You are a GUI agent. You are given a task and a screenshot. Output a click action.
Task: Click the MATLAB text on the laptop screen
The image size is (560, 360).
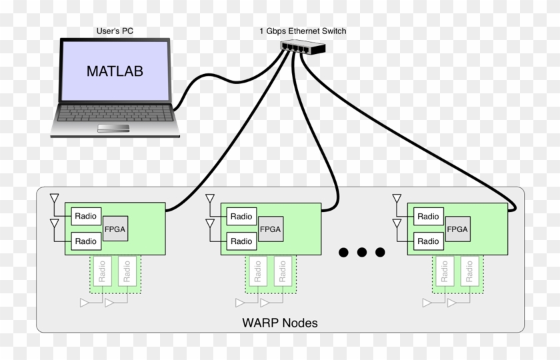point(115,71)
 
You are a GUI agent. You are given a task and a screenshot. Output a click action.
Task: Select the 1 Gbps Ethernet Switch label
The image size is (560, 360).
point(303,31)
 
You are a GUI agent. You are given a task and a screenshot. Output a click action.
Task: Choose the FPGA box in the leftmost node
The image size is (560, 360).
point(115,229)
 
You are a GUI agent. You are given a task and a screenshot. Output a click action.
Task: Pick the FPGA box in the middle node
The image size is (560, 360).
point(271,229)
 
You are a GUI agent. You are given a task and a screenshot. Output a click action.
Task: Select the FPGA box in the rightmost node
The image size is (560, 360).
point(457,229)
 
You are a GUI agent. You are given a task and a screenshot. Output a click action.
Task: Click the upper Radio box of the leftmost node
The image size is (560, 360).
point(85,216)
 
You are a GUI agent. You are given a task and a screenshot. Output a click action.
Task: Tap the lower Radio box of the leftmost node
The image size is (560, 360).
point(85,241)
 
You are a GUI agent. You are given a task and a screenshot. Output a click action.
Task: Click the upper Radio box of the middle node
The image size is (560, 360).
point(241,216)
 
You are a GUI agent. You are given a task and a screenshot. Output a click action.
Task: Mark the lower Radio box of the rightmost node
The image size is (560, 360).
point(428,241)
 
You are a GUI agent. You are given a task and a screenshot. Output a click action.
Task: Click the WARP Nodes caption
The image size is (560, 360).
point(279,323)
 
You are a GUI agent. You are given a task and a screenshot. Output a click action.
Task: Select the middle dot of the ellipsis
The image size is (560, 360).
point(362,252)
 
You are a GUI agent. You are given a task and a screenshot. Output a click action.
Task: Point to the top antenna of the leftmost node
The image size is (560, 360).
point(54,199)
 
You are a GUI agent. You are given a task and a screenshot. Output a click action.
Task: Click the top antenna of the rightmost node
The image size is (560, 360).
point(397,199)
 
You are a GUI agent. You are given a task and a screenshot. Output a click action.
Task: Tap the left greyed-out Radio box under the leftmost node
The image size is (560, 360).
point(103,272)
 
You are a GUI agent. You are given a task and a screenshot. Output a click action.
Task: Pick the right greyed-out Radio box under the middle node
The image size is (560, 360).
point(283,272)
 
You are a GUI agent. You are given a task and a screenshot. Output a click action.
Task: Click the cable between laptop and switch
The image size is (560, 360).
point(220,72)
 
